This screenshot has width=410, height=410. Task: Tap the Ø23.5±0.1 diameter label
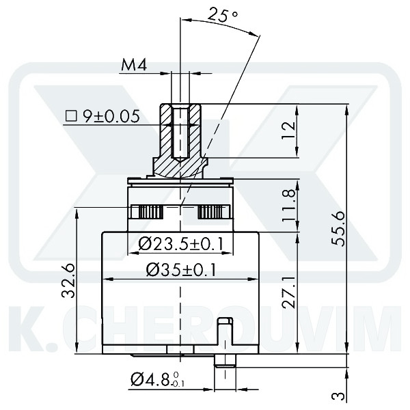pyautogui.click(x=180, y=243)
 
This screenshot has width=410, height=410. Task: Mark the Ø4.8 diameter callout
pyautogui.click(x=156, y=378)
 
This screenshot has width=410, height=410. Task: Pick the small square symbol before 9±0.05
pyautogui.click(x=70, y=117)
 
